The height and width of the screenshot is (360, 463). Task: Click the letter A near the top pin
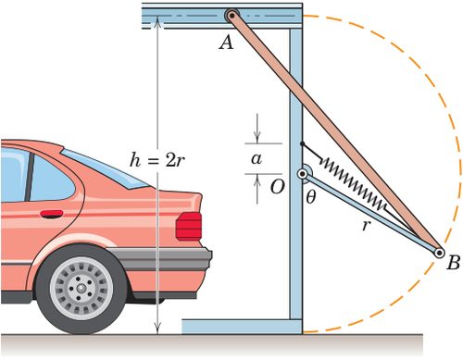tap(226, 42)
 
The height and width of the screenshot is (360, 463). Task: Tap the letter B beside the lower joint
tap(454, 263)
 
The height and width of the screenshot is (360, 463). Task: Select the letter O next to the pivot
tap(277, 187)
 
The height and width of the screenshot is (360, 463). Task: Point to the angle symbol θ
tap(311, 196)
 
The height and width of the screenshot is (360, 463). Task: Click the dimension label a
tap(257, 159)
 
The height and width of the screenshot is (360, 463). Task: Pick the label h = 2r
tap(157, 160)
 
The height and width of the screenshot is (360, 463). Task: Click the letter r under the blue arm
tap(366, 226)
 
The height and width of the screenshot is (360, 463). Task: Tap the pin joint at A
tap(231, 16)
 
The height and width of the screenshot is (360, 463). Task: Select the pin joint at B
tap(439, 253)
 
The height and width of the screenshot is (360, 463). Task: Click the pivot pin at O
tap(303, 174)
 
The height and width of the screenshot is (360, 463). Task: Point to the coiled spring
tap(354, 183)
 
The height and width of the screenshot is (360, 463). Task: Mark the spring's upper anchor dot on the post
tap(302, 143)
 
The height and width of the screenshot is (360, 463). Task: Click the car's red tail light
tap(189, 226)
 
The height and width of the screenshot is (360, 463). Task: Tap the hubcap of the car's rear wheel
tap(81, 288)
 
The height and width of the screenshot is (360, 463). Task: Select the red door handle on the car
tap(51, 214)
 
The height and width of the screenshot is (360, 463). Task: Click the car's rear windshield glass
tap(105, 168)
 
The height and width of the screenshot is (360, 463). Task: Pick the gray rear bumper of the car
tap(160, 258)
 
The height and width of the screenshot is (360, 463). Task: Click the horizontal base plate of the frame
tap(242, 327)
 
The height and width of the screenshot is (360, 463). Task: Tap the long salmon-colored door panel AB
tap(335, 134)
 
